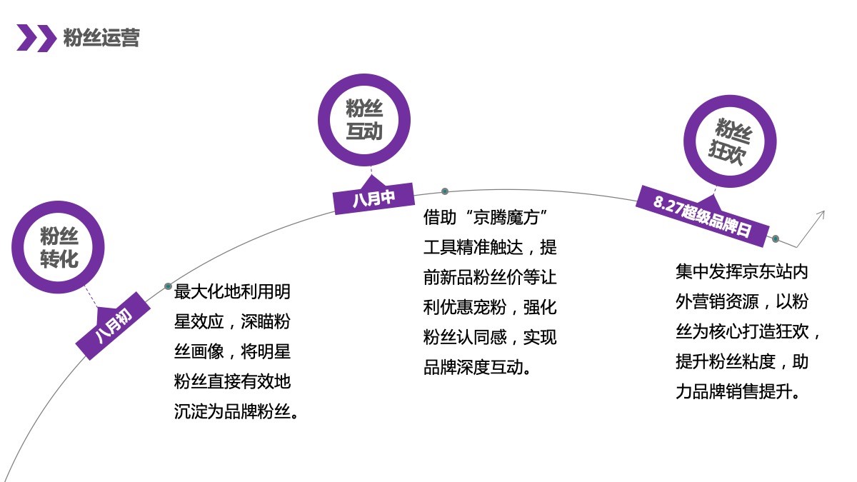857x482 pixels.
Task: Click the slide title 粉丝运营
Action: click(x=101, y=37)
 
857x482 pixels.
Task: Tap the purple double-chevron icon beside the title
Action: click(x=36, y=38)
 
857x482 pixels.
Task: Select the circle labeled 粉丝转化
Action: click(x=58, y=247)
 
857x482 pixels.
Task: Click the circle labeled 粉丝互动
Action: click(x=364, y=120)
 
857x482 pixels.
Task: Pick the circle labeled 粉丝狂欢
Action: click(x=730, y=141)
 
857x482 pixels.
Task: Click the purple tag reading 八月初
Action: click(x=114, y=326)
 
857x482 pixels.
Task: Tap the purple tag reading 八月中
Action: click(x=374, y=199)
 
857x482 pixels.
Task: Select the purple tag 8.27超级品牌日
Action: click(x=703, y=216)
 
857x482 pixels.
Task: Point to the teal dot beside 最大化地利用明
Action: click(x=168, y=286)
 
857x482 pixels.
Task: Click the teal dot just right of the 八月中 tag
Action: click(x=444, y=191)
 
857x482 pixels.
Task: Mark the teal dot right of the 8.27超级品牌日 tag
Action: click(x=776, y=239)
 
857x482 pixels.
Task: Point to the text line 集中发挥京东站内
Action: click(x=742, y=271)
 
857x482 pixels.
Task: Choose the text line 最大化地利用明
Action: click(x=232, y=291)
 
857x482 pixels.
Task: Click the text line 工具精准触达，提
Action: click(x=490, y=247)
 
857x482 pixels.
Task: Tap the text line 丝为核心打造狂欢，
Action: click(x=747, y=331)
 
